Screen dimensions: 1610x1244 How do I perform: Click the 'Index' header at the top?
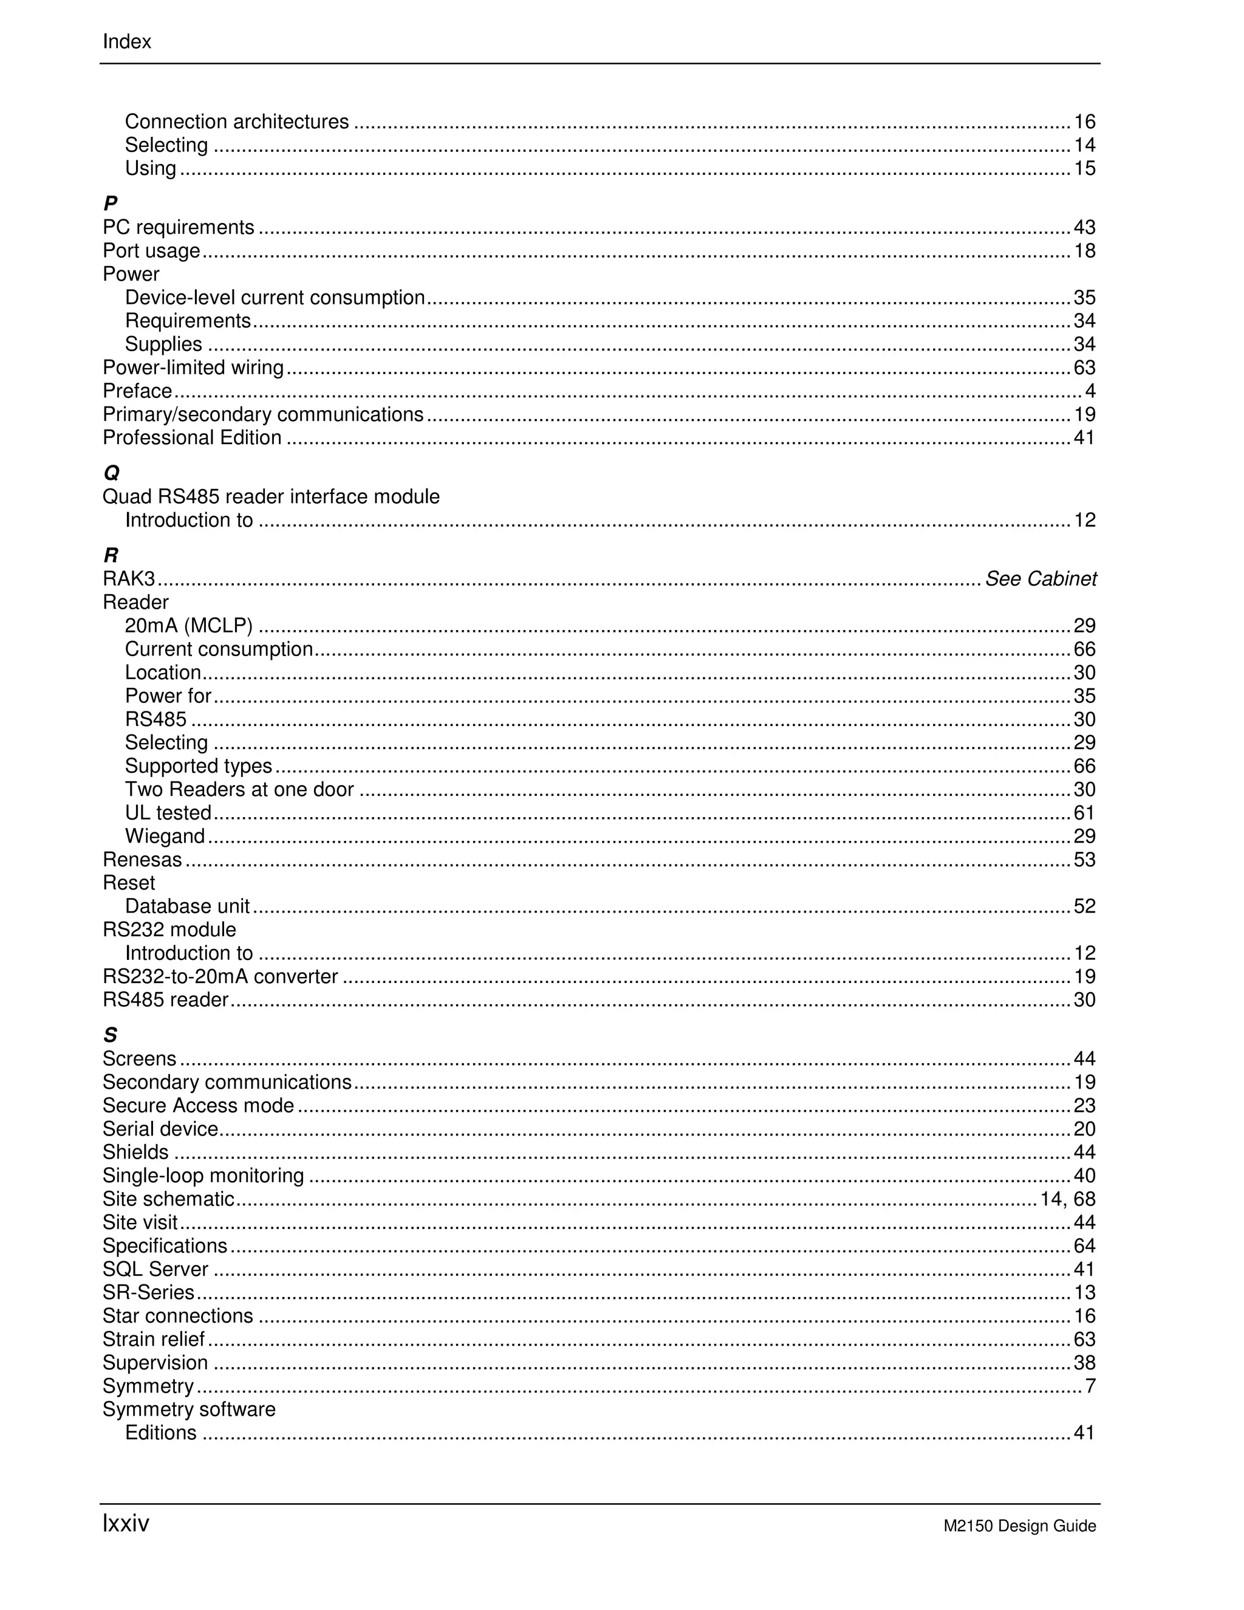(127, 42)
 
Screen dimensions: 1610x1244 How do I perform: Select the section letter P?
(111, 203)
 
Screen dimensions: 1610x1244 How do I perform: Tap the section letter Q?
(111, 473)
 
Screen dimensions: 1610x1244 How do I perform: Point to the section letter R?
(111, 555)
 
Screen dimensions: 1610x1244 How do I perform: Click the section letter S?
(111, 1035)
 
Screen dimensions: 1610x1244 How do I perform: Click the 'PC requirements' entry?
(179, 227)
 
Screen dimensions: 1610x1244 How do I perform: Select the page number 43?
(1084, 227)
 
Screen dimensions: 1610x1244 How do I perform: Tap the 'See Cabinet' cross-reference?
(1041, 578)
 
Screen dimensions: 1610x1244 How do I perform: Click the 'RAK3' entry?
(129, 578)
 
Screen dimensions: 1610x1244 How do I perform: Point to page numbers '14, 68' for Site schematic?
(1068, 1199)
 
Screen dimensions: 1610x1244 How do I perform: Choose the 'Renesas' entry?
(142, 860)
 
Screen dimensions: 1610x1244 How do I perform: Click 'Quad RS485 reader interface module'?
(270, 497)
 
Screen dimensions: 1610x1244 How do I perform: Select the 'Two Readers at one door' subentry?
(239, 790)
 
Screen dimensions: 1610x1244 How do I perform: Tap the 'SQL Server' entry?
(155, 1269)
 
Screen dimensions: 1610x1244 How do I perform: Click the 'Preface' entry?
(137, 391)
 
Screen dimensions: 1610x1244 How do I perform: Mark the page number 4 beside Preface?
(1090, 391)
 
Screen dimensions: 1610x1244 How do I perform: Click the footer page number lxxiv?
(125, 1523)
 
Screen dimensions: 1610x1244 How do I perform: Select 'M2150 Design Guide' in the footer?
(1019, 1526)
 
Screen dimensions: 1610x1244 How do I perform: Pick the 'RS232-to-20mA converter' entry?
(220, 977)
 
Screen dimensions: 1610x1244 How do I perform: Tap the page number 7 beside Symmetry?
(1090, 1386)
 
